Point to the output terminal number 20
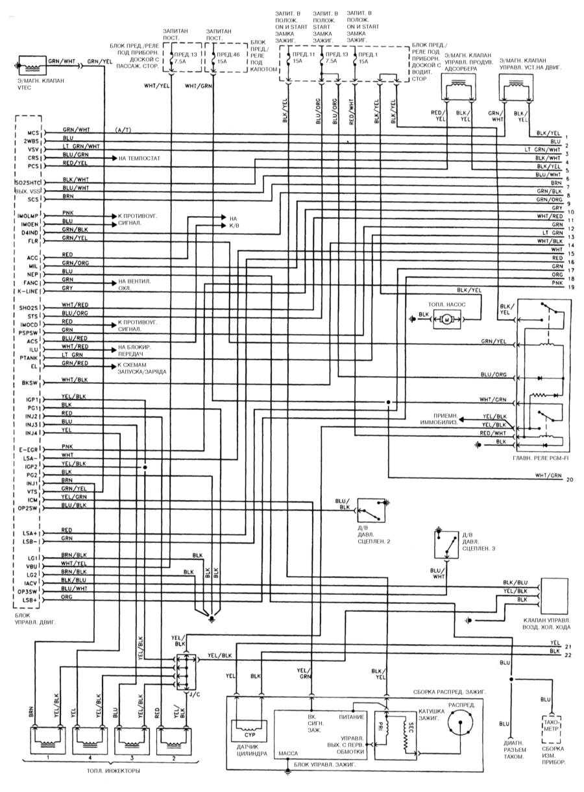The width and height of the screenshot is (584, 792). click(570, 480)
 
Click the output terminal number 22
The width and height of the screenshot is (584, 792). click(568, 655)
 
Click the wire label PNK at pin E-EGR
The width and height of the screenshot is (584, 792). click(67, 446)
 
